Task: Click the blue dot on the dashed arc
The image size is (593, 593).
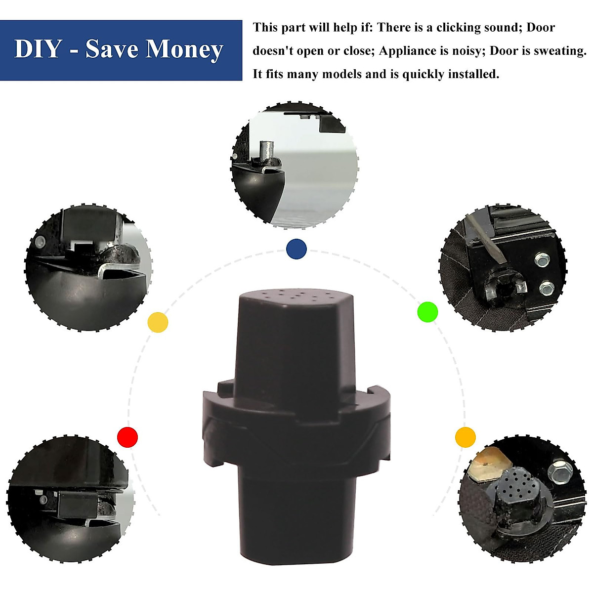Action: tap(296, 249)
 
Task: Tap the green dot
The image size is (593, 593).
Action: tap(427, 312)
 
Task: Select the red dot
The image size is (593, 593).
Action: tap(127, 437)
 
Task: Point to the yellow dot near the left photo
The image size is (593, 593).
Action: tap(158, 323)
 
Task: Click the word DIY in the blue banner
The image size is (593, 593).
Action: tap(37, 49)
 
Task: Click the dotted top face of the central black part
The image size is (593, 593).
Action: tap(296, 298)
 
